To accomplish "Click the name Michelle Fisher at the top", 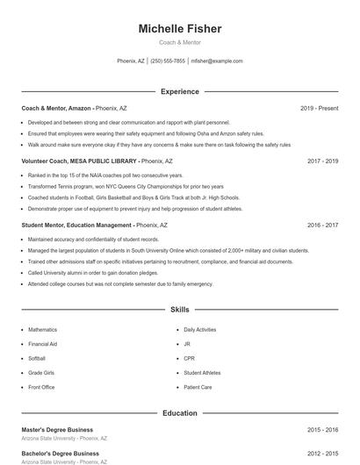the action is click(179, 29).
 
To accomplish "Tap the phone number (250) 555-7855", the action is click(168, 61).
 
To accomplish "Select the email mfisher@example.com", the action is click(216, 61).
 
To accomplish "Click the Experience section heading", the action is click(179, 91).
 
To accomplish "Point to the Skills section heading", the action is click(179, 310).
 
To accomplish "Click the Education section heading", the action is click(179, 412).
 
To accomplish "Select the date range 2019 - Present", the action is click(319, 108).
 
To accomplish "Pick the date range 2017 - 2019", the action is click(322, 161).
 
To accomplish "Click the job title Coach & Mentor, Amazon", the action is click(55, 108).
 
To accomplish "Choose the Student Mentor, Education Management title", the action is click(77, 225).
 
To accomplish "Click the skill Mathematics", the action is click(42, 329).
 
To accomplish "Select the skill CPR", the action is click(189, 358).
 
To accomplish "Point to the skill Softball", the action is click(37, 358).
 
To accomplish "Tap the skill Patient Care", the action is click(198, 387).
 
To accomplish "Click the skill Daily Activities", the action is click(199, 329).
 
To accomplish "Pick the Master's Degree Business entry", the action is click(56, 430).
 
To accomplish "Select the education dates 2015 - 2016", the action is click(322, 430).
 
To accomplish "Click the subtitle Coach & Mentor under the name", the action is click(179, 42).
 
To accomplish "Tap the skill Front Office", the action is click(41, 387).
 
